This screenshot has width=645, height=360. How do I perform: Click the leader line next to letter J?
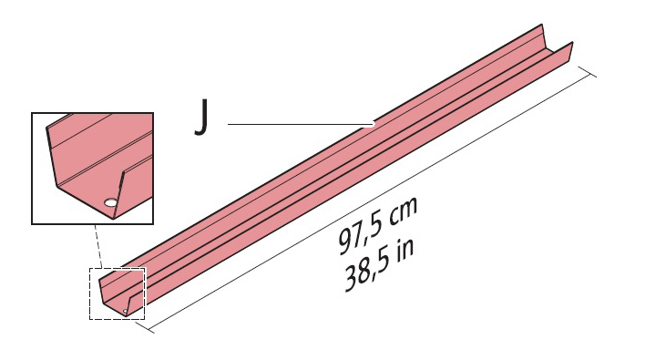tap(301, 122)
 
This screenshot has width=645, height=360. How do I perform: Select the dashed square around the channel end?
tap(117, 293)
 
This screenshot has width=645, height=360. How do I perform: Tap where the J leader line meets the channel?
tap(374, 122)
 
